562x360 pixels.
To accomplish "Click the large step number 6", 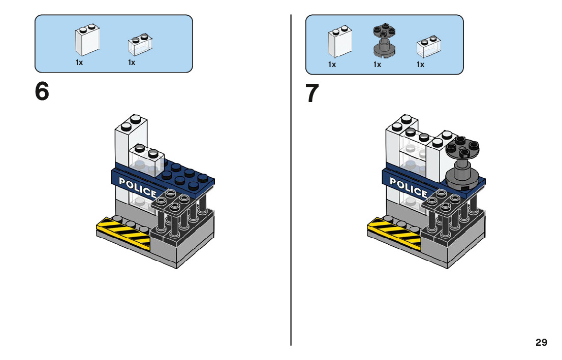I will pyautogui.click(x=42, y=92).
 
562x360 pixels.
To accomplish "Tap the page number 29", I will pyautogui.click(x=541, y=343).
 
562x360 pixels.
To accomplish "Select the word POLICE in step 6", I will pyautogui.click(x=137, y=187).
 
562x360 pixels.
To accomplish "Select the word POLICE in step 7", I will pyautogui.click(x=409, y=187).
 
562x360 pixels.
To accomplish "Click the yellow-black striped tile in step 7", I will pyautogui.click(x=394, y=234).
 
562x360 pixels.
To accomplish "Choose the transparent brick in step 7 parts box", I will pyautogui.click(x=427, y=46).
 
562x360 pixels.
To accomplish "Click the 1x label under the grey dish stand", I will pyautogui.click(x=377, y=64).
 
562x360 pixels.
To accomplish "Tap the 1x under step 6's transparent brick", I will pyautogui.click(x=132, y=62).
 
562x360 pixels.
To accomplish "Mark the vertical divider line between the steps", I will pyautogui.click(x=291, y=178).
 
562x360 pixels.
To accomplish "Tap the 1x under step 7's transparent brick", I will pyautogui.click(x=421, y=64).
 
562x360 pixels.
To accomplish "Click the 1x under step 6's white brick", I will pyautogui.click(x=79, y=62).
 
